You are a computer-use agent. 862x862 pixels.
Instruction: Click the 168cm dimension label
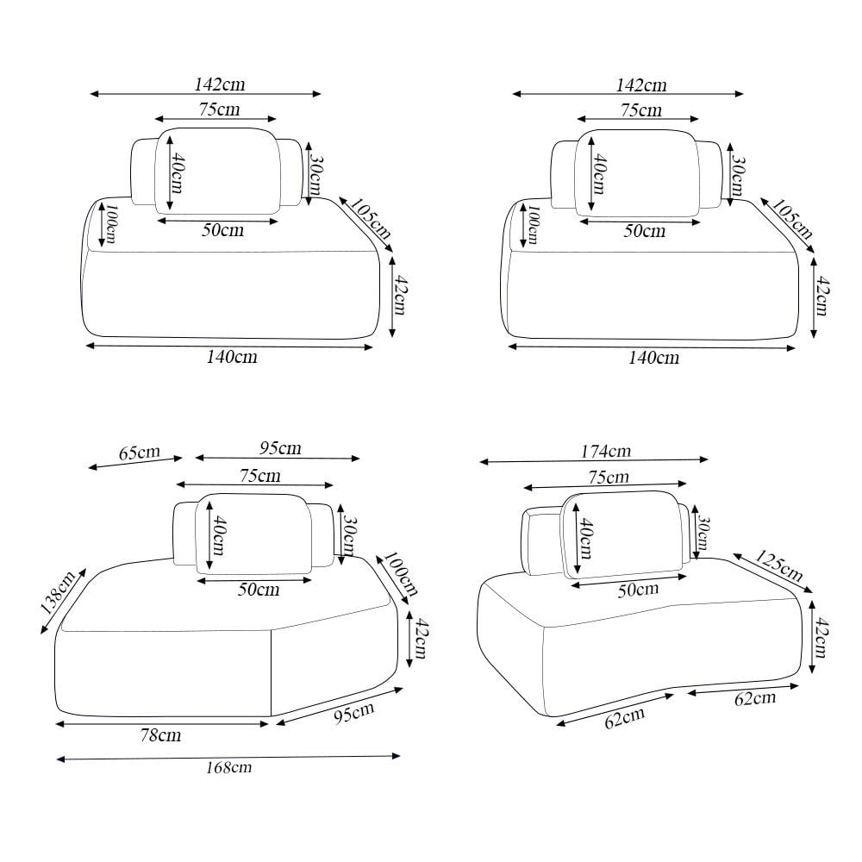[228, 767]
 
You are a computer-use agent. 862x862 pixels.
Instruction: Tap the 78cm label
[160, 735]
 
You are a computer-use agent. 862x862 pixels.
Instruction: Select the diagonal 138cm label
[58, 593]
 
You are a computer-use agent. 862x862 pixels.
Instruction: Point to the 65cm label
[140, 453]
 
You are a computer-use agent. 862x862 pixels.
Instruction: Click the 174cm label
[606, 452]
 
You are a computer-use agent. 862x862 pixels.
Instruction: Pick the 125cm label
[778, 565]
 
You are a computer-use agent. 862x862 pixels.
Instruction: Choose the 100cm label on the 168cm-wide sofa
[400, 574]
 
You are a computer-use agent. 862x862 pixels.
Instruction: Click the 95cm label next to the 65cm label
[280, 448]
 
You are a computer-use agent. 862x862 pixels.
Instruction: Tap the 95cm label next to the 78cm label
[354, 713]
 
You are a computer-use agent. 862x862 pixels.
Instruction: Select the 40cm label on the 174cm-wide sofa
[586, 538]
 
